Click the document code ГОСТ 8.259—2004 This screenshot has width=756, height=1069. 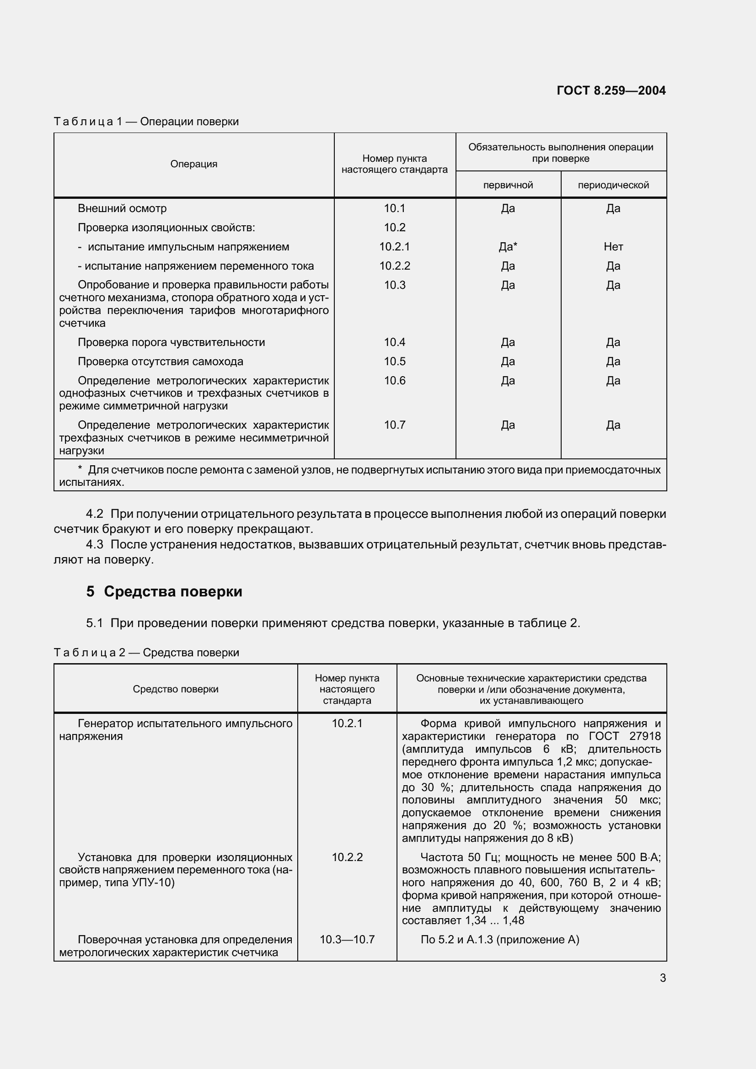click(611, 90)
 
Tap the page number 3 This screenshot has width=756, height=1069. click(662, 978)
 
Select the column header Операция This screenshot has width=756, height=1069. click(194, 164)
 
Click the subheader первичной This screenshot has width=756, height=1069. click(508, 185)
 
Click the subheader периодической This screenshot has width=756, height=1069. click(613, 185)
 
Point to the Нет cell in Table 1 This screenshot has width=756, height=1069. click(613, 247)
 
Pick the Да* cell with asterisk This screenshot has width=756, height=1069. click(508, 247)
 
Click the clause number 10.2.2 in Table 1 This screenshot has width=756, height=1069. click(395, 266)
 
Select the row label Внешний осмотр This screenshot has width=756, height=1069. click(122, 208)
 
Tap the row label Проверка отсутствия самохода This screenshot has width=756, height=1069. click(160, 362)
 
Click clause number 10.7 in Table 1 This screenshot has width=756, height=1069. click(395, 425)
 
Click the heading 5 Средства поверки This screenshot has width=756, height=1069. click(164, 592)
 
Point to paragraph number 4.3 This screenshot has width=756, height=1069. click(95, 544)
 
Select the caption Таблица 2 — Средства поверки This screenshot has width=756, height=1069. click(146, 653)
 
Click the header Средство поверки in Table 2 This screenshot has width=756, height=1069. click(176, 689)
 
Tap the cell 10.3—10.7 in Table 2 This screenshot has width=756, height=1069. click(347, 940)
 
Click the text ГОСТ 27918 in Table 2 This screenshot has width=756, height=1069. click(624, 736)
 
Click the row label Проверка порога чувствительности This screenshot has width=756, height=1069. click(171, 342)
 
